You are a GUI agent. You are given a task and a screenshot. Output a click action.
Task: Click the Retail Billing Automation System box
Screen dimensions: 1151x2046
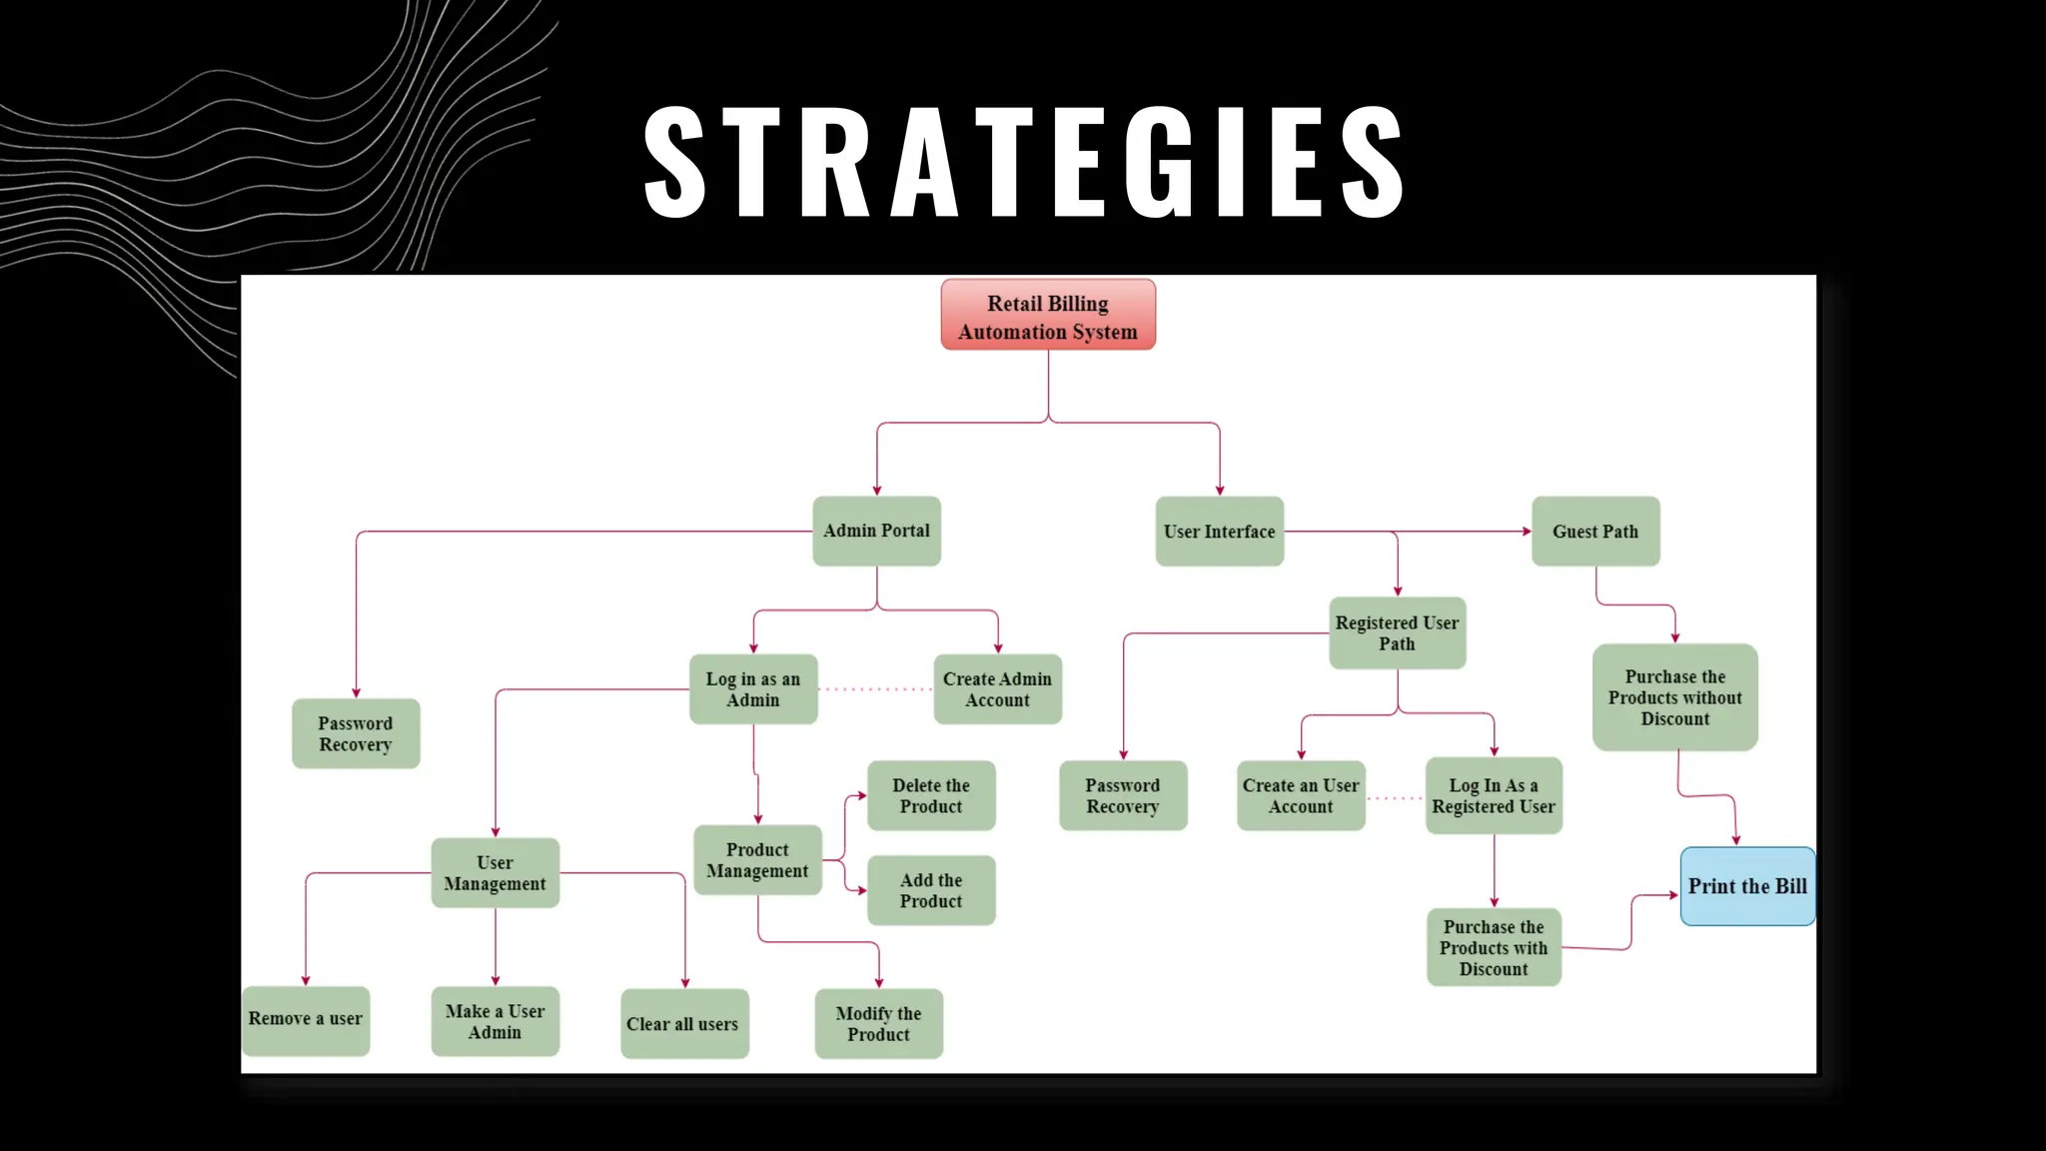[1048, 316]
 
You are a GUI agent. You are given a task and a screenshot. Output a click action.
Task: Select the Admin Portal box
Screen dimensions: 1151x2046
[876, 532]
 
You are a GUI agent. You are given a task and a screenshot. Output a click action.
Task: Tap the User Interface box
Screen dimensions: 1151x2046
[1219, 532]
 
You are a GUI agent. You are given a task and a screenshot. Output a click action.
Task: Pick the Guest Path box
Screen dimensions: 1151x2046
[1595, 532]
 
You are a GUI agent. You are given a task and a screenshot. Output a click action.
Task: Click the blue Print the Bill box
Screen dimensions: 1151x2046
[1747, 886]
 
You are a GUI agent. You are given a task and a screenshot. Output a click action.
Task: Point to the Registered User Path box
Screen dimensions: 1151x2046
[1397, 633]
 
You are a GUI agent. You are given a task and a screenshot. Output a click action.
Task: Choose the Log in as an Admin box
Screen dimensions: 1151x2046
[753, 689]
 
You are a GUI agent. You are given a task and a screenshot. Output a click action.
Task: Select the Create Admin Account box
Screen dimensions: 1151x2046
[997, 689]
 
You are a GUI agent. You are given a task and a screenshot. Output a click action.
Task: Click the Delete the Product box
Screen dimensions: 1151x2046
[931, 796]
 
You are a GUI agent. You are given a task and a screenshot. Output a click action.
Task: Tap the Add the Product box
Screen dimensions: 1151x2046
[931, 890]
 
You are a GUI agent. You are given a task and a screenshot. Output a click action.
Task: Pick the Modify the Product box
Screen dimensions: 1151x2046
[878, 1024]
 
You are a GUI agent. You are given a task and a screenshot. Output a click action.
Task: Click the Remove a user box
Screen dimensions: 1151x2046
[306, 1019]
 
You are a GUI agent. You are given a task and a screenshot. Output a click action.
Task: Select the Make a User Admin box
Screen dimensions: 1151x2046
[495, 1022]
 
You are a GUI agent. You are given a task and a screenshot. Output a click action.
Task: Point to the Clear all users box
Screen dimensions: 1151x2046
[683, 1024]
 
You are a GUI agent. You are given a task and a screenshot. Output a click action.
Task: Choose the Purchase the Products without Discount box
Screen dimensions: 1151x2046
[1674, 697]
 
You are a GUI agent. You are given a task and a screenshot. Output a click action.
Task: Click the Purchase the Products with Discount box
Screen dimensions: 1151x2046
[1494, 947]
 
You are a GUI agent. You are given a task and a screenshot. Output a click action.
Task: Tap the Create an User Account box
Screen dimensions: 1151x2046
[1301, 796]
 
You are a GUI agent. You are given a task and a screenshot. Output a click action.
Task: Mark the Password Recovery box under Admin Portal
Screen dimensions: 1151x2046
[356, 733]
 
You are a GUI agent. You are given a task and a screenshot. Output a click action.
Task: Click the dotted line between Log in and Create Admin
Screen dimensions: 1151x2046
[876, 689]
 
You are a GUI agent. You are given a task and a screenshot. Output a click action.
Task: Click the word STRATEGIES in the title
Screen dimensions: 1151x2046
[1025, 163]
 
